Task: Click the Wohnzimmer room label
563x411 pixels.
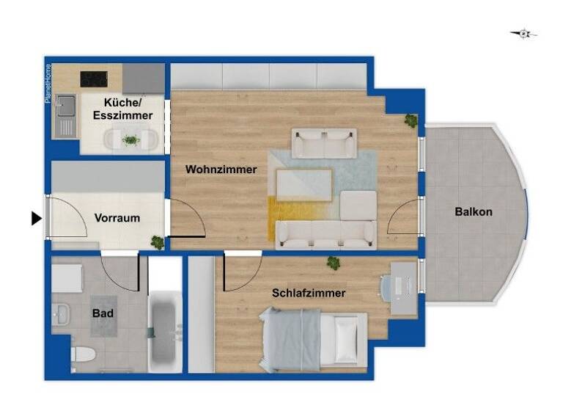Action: click(x=221, y=170)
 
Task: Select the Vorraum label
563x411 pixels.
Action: click(x=117, y=218)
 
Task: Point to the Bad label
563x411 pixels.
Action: click(x=102, y=313)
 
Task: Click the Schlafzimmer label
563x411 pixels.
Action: click(x=309, y=293)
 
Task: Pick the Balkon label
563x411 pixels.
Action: click(x=474, y=212)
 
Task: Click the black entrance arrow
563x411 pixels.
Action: click(x=36, y=218)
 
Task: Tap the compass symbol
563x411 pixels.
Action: click(x=523, y=33)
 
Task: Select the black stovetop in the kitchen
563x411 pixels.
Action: click(x=95, y=77)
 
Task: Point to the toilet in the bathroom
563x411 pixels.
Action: click(x=82, y=356)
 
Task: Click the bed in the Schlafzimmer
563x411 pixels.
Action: click(x=312, y=338)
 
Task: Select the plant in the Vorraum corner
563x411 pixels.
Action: click(x=157, y=241)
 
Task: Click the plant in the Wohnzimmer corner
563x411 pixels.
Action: click(x=411, y=120)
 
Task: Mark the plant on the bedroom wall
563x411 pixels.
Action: click(x=334, y=263)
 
